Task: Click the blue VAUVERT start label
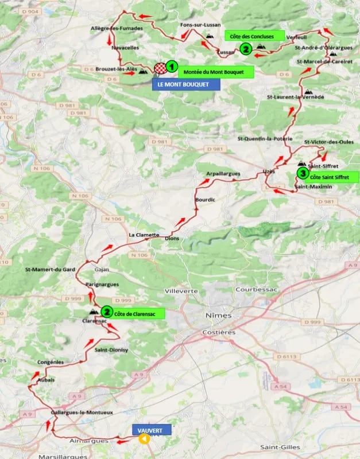152,430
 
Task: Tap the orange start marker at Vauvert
145,439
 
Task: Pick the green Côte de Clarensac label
138,313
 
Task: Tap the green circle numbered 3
302,173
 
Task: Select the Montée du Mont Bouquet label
215,72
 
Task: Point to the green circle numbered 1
171,67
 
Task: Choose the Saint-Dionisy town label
111,350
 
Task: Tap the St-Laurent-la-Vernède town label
296,97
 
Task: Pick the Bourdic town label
204,199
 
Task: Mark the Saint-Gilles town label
280,447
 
